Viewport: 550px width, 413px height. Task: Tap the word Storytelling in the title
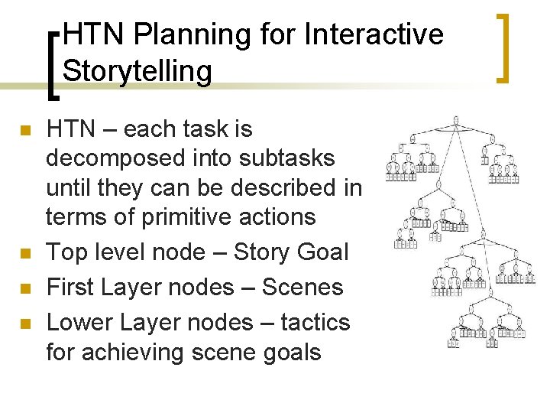(x=137, y=70)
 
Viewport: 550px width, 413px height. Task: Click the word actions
(x=279, y=217)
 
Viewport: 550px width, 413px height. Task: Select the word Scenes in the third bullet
(x=302, y=288)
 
